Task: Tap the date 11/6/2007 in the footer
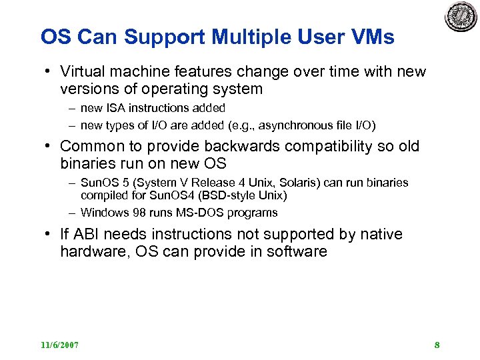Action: coord(59,345)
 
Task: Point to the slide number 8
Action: coord(437,345)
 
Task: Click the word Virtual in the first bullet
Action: coord(83,71)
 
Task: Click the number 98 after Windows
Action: coord(134,213)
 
